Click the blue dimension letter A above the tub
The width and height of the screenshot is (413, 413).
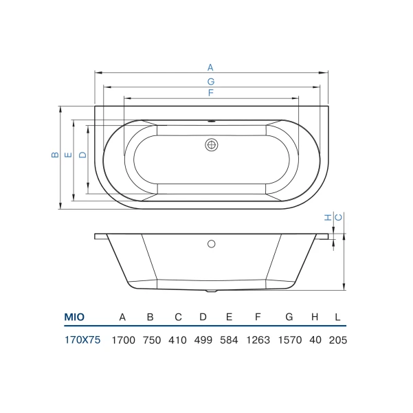click(x=210, y=68)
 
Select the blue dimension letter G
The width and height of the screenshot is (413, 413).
click(x=211, y=82)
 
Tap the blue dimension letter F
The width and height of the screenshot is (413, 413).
click(x=211, y=93)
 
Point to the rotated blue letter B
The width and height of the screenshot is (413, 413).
click(x=55, y=155)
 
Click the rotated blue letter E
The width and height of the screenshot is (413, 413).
click(x=68, y=155)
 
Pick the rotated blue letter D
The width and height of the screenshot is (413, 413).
click(x=82, y=155)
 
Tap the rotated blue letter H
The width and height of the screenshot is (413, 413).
click(x=328, y=217)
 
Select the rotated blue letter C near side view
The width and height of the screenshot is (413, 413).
click(x=339, y=217)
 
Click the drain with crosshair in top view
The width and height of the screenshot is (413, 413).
click(x=211, y=145)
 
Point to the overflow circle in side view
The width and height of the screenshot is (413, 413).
click(x=211, y=244)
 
